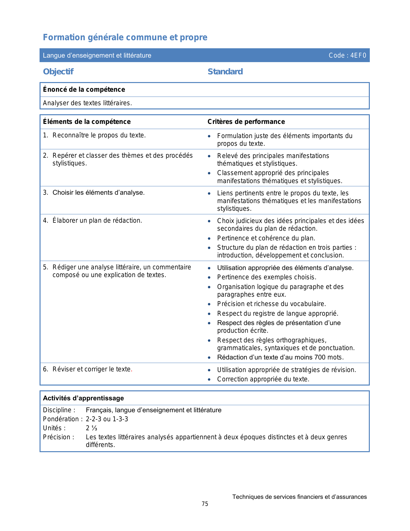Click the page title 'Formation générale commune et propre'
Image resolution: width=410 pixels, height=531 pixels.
point(125,37)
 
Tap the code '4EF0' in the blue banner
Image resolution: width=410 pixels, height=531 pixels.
point(358,55)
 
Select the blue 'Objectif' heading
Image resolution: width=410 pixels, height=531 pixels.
point(58,71)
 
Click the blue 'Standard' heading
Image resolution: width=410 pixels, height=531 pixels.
point(225,71)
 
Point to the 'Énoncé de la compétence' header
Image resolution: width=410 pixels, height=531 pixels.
point(84,89)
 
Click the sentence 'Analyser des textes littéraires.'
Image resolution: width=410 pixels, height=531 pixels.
point(87,103)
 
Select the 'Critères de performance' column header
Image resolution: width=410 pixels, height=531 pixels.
point(246,122)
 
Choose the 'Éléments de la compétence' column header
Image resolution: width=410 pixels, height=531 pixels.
point(87,122)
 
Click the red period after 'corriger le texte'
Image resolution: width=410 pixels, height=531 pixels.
point(132,369)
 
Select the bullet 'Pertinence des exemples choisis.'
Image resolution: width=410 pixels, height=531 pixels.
point(267,277)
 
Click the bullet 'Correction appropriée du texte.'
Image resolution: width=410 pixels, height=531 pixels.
point(263,379)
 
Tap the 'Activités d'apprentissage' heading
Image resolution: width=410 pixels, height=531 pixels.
point(83,398)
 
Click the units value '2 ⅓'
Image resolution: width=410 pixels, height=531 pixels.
point(91,428)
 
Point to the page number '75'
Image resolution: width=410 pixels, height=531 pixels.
point(205,504)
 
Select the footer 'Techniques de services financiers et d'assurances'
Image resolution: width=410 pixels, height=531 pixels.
point(299,497)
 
